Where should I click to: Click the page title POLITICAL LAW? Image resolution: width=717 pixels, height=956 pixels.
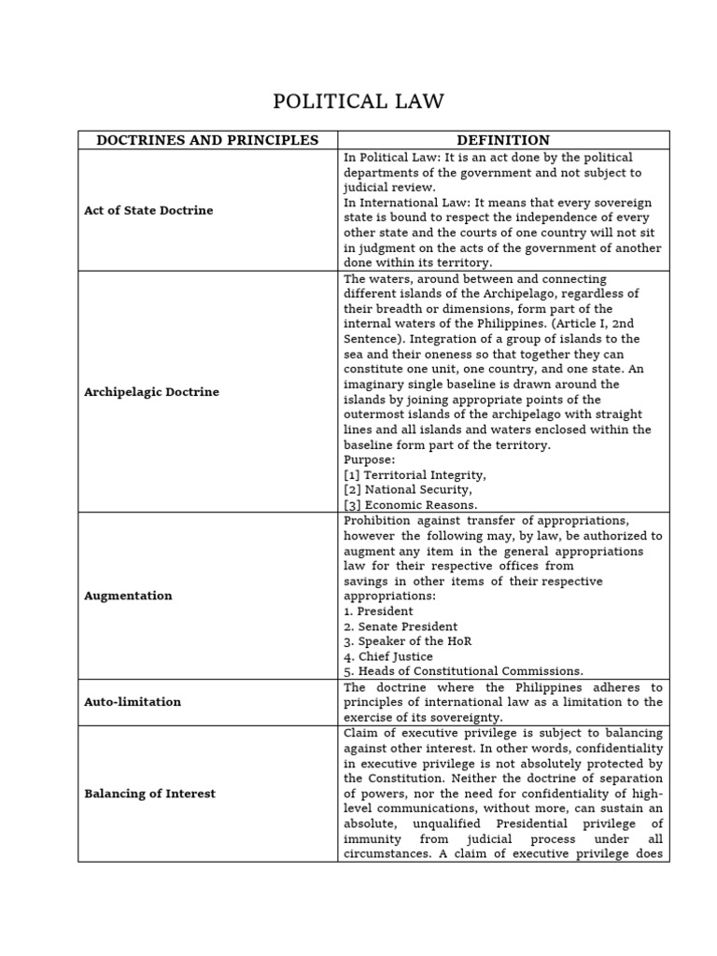358,101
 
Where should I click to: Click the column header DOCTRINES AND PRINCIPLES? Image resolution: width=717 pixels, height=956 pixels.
207,140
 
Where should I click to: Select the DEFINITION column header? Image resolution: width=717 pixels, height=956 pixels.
503,140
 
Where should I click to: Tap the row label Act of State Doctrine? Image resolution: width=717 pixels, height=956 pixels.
148,210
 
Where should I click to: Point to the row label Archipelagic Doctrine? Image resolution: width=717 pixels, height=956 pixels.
151,391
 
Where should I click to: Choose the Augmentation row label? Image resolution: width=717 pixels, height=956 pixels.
128,596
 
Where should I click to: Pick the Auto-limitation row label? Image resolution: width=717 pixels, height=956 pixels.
133,701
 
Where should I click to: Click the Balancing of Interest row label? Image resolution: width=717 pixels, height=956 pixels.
149,794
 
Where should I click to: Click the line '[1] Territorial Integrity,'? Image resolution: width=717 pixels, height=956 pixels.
415,474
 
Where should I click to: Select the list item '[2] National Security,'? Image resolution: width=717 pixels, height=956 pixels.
408,489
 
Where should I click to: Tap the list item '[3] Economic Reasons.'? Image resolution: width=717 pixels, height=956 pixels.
411,504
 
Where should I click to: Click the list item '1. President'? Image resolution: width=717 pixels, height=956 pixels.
378,612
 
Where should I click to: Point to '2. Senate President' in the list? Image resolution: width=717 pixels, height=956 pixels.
401,626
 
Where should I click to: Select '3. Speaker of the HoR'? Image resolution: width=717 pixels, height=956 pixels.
408,641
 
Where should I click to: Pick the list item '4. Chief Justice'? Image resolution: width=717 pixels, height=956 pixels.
388,656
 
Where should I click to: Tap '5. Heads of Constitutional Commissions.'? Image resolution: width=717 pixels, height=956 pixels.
463,671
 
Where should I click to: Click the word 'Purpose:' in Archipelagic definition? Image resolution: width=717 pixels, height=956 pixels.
370,459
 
